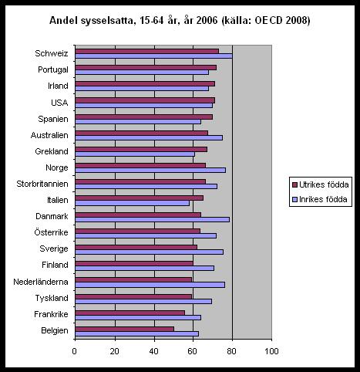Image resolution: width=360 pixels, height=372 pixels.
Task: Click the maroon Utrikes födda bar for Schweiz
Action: point(147,51)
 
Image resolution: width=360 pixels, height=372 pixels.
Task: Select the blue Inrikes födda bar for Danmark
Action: point(153,219)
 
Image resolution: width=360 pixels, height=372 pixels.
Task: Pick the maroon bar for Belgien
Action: point(125,329)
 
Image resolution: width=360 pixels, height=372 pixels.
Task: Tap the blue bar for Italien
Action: point(133,203)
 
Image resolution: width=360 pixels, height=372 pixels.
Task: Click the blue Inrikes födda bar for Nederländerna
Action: point(150,285)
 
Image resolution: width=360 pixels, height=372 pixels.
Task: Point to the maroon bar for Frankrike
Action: point(130,313)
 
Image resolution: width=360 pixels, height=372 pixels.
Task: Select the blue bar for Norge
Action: point(150,170)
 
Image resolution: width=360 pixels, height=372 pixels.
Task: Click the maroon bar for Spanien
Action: point(144,117)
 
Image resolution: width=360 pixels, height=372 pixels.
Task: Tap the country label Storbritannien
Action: point(42,184)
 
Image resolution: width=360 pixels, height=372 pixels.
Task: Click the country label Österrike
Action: point(51,232)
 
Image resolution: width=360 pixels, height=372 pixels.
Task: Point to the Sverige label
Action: point(54,249)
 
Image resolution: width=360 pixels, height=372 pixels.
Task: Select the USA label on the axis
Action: point(59,103)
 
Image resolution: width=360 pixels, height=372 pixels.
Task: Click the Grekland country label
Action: point(52,151)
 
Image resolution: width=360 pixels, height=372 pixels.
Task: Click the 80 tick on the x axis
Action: point(231,351)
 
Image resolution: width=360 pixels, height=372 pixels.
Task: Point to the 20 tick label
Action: point(114,351)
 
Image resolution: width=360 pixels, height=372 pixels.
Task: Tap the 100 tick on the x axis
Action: point(272,351)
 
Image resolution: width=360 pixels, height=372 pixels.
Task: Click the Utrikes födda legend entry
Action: point(321,184)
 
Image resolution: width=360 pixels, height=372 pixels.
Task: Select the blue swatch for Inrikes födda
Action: point(294,199)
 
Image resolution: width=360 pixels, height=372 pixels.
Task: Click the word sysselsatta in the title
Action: point(107,21)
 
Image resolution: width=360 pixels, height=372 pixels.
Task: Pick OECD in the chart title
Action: point(268,20)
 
